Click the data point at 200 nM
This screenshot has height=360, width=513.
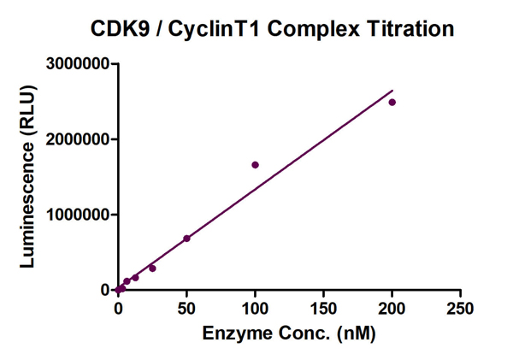pos(392,103)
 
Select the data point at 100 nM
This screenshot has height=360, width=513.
pos(255,165)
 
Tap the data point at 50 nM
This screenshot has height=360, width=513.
pos(186,239)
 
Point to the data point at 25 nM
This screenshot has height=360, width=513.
pos(152,269)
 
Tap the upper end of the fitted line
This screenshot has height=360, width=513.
pos(392,90)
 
